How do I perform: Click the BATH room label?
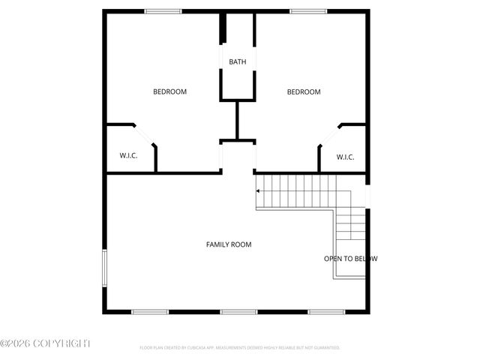pyautogui.click(x=237, y=62)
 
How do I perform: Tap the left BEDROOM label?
pyautogui.click(x=169, y=91)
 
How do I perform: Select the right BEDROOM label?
pyautogui.click(x=304, y=91)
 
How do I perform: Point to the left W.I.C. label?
pyautogui.click(x=128, y=156)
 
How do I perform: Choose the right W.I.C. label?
pyautogui.click(x=345, y=157)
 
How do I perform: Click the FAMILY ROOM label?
pyautogui.click(x=229, y=244)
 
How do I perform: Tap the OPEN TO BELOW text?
pyautogui.click(x=350, y=259)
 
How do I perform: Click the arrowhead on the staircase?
pyautogui.click(x=259, y=191)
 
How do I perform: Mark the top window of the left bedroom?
pyautogui.click(x=163, y=11)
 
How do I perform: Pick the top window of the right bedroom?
pyautogui.click(x=308, y=11)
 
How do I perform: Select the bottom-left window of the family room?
pyautogui.click(x=150, y=311)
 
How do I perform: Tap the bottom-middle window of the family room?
pyautogui.click(x=238, y=311)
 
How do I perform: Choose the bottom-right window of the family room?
pyautogui.click(x=326, y=311)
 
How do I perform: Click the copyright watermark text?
pyautogui.click(x=45, y=343)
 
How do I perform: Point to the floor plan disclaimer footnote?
pyautogui.click(x=240, y=348)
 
